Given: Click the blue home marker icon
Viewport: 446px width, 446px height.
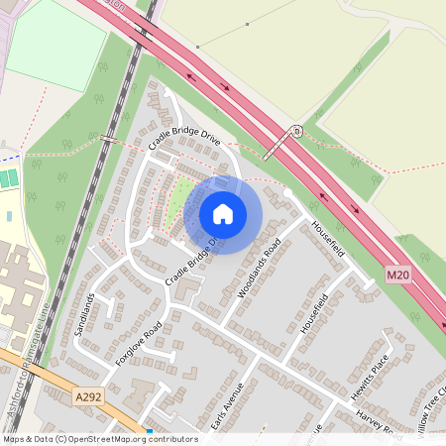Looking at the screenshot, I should pyautogui.click(x=223, y=214).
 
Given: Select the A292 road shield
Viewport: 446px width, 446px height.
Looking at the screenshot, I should pyautogui.click(x=88, y=396).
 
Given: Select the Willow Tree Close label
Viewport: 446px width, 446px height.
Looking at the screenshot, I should pyautogui.click(x=433, y=401).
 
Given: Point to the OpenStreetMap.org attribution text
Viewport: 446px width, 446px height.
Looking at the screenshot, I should pyautogui.click(x=133, y=438).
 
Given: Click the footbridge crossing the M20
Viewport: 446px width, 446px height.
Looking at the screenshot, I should pyautogui.click(x=283, y=144).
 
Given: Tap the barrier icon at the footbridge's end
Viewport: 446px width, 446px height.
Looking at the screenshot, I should pyautogui.click(x=296, y=131).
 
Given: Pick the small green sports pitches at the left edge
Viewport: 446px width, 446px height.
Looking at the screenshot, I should pyautogui.click(x=8, y=179).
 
